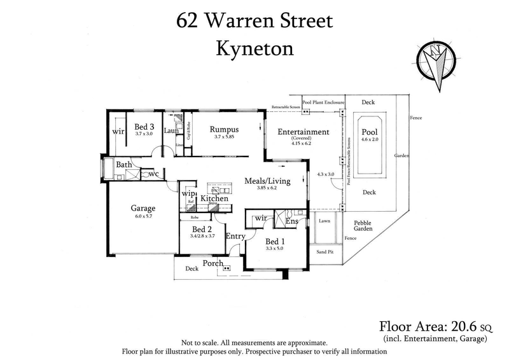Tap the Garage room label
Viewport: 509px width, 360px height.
[143, 207]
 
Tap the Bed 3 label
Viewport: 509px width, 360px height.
[144, 125]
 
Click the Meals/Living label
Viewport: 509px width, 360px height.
[267, 181]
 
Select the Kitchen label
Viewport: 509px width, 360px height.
[214, 199]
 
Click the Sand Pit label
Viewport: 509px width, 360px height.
[325, 252]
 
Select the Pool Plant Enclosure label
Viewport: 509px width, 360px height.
[323, 102]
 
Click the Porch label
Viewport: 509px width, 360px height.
[212, 263]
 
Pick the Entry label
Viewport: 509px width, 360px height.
[235, 237]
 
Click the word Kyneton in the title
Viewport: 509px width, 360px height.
[253, 48]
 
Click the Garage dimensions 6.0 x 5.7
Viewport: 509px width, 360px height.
[143, 216]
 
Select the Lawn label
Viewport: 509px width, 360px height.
[325, 221]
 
